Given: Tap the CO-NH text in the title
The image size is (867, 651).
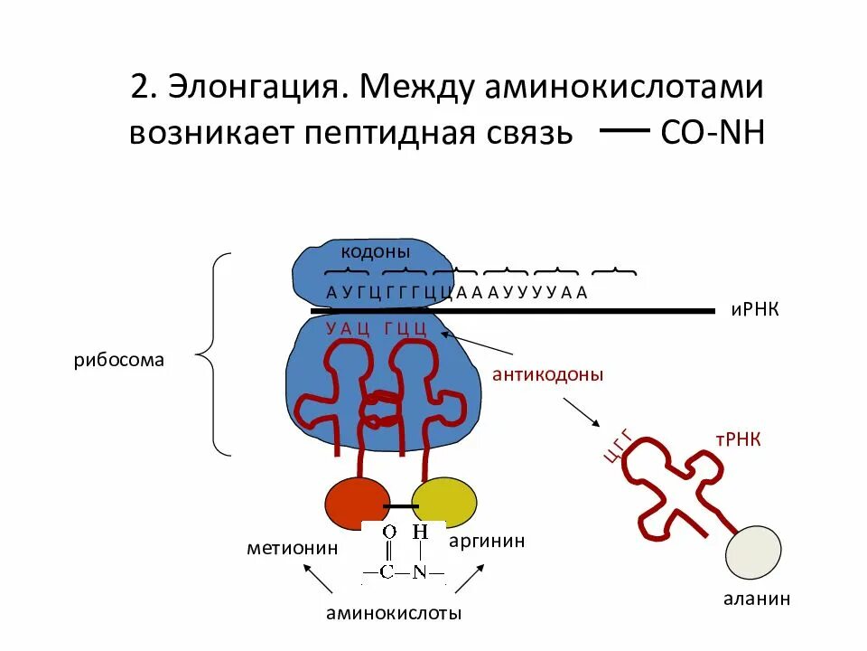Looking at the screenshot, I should point(713,133).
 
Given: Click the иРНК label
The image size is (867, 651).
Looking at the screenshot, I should point(754,310).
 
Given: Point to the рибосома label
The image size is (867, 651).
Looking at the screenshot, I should point(119,360).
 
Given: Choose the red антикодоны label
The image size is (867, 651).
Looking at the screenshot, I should point(547,374).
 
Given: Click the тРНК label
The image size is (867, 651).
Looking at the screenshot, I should point(738,439).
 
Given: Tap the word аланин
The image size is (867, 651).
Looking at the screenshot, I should point(756,599).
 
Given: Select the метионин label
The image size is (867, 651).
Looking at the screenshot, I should point(293,548).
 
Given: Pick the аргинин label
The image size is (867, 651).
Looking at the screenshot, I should point(487,541).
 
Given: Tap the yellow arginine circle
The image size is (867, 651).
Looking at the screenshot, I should point(443,505).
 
